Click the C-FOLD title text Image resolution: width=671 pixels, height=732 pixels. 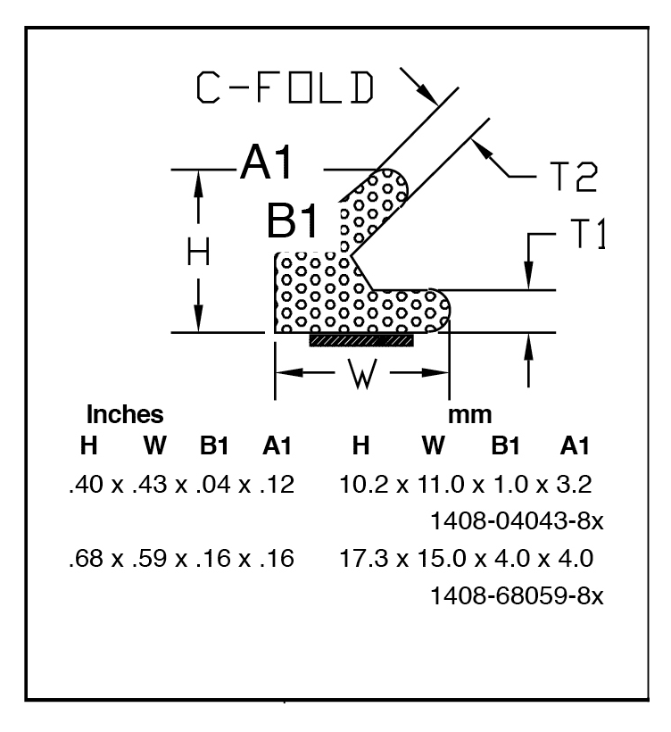(x=285, y=87)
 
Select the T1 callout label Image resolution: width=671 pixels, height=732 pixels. (x=588, y=233)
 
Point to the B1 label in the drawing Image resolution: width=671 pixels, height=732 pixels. (x=293, y=220)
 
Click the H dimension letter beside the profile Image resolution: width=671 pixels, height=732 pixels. (x=198, y=252)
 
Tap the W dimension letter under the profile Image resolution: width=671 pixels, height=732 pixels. (x=362, y=373)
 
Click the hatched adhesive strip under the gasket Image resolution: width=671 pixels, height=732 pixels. (x=361, y=340)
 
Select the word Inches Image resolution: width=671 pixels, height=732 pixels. (x=125, y=414)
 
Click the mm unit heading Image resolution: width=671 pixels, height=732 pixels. (x=470, y=415)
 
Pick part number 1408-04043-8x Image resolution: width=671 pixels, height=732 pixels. (x=517, y=520)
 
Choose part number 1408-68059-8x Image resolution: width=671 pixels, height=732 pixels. (x=517, y=595)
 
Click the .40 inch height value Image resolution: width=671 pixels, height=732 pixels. (x=86, y=484)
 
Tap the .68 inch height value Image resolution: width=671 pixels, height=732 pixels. (x=86, y=558)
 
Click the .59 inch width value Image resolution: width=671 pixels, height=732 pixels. (x=149, y=558)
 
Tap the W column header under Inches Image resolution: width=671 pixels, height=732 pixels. (x=155, y=445)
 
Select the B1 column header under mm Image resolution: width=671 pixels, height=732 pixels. (x=505, y=445)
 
